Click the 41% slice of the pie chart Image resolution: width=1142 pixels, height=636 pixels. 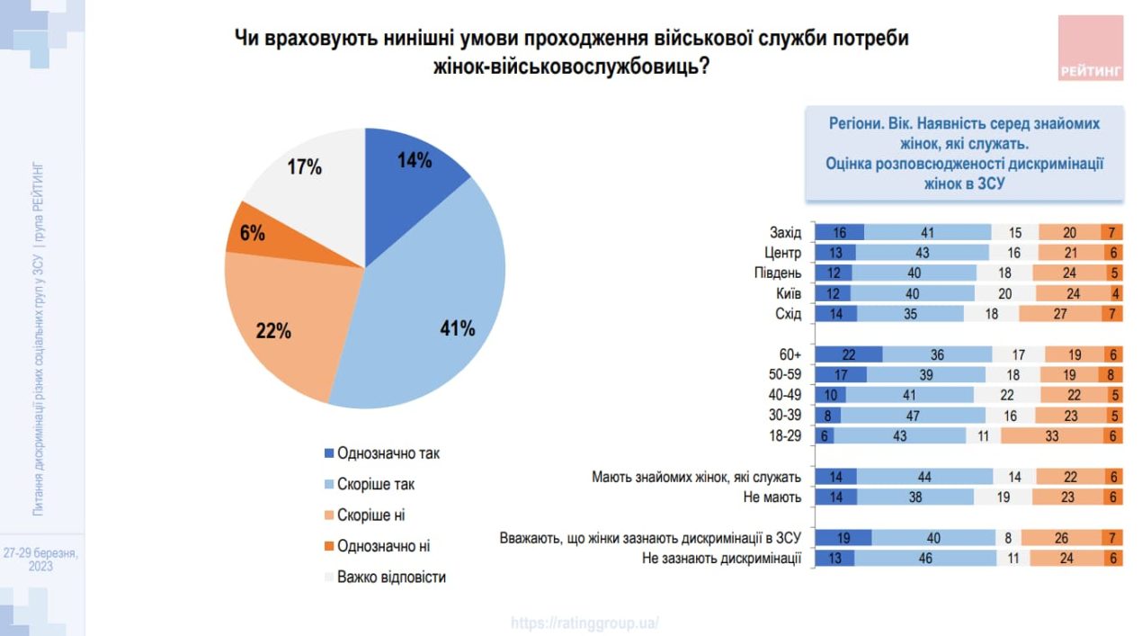[432, 306]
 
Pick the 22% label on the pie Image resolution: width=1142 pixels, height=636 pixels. [273, 330]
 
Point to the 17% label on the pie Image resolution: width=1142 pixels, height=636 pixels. [304, 167]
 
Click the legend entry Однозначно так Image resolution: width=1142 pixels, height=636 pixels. [388, 453]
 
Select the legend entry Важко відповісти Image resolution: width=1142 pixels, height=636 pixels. [391, 577]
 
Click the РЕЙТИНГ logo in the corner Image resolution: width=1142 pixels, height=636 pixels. [1091, 49]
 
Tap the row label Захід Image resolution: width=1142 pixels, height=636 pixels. [786, 232]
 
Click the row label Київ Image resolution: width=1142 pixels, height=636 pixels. [789, 293]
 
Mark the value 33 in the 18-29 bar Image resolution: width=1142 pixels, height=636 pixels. [1049, 435]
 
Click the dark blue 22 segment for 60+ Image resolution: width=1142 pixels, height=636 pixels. [848, 354]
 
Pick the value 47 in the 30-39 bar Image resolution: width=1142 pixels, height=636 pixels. [913, 416]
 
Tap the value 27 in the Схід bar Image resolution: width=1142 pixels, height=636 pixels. [1060, 314]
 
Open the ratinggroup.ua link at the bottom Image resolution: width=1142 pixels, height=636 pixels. [584, 623]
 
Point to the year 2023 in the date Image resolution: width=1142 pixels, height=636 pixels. [40, 567]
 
